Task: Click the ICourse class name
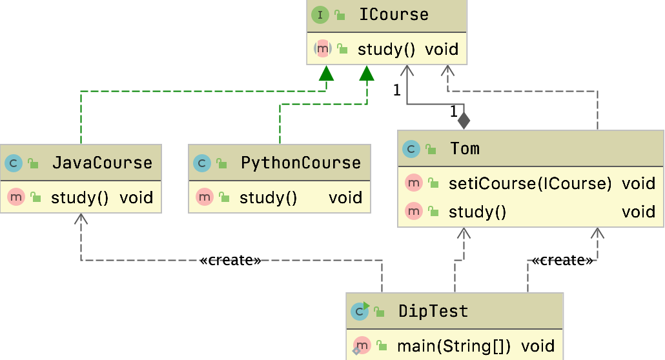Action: click(x=394, y=15)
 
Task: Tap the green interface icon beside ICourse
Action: click(x=320, y=15)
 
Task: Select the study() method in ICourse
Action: click(x=386, y=49)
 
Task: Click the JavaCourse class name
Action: click(x=102, y=162)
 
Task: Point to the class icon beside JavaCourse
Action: click(x=13, y=163)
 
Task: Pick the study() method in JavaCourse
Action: click(x=79, y=197)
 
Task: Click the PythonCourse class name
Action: click(x=300, y=162)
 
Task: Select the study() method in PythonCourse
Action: click(x=268, y=197)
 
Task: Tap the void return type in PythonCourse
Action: click(x=345, y=197)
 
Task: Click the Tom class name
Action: click(x=465, y=148)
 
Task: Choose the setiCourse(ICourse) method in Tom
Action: click(x=529, y=183)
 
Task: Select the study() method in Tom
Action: click(x=477, y=212)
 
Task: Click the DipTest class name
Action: click(x=433, y=311)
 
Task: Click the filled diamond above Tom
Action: click(x=464, y=120)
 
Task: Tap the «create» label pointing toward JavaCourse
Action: click(x=230, y=260)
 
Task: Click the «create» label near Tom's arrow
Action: click(x=562, y=260)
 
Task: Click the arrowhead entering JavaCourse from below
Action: click(x=81, y=219)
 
